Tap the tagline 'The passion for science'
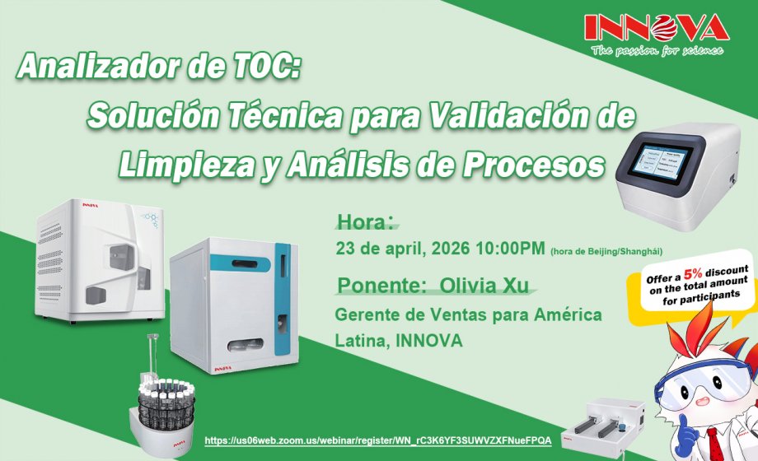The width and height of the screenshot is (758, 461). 657,50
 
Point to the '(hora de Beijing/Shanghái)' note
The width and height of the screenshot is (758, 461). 606,250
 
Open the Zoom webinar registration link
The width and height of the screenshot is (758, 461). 377,440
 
